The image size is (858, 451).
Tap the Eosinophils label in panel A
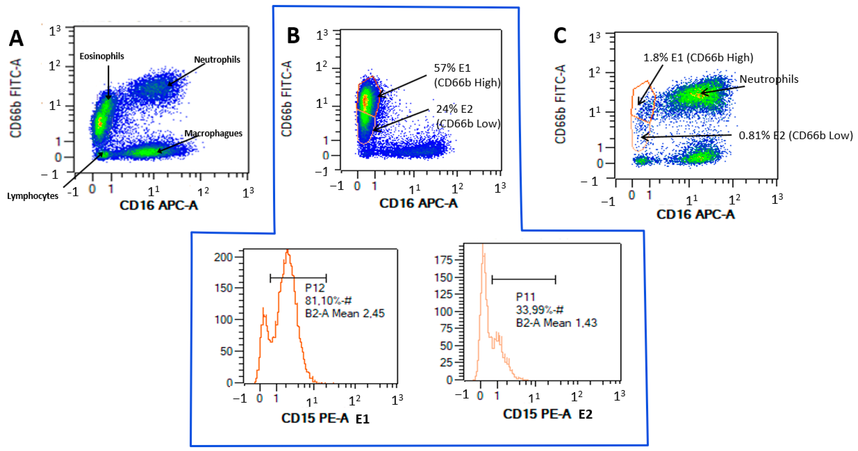click(x=102, y=56)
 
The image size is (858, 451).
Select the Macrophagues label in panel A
click(x=213, y=133)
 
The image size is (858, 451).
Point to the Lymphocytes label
click(x=33, y=196)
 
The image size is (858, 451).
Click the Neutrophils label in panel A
click(x=217, y=60)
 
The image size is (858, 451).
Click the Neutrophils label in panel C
click(x=769, y=79)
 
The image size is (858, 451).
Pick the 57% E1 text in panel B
click(x=452, y=68)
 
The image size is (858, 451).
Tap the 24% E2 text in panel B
click(x=454, y=109)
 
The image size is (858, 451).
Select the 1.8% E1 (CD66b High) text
click(x=698, y=58)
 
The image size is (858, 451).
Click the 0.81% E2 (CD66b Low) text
click(x=795, y=136)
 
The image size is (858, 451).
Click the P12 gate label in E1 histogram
click(x=314, y=288)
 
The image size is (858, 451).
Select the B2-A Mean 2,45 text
click(x=344, y=313)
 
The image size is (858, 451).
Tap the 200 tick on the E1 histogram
click(x=223, y=257)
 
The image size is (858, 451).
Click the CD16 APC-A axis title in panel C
click(x=695, y=214)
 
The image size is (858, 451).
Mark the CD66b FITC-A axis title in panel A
click(x=16, y=98)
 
